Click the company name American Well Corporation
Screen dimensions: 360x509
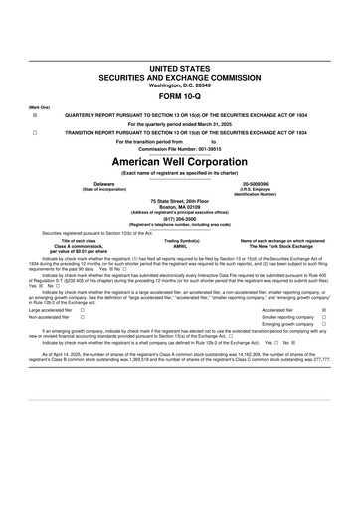coord(180,160)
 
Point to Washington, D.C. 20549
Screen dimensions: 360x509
coord(180,85)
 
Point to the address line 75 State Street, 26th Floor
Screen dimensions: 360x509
coord(180,201)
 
